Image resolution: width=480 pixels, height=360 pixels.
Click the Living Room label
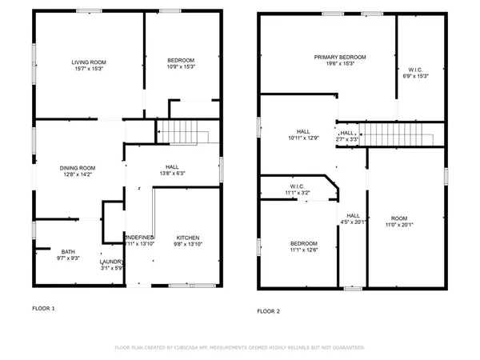pos(89,62)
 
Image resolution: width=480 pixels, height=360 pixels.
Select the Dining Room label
pos(77,167)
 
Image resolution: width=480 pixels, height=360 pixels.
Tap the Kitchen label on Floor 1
pos(188,238)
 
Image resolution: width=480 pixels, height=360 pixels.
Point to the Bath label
pos(46,251)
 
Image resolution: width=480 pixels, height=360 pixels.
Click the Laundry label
pos(110,262)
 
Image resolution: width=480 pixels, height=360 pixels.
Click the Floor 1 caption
pos(44,307)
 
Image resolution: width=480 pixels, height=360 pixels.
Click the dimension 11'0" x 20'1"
pos(398,225)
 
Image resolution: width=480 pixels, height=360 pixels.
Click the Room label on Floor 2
pos(398,218)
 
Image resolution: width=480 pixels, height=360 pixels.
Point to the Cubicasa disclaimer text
pos(240,348)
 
